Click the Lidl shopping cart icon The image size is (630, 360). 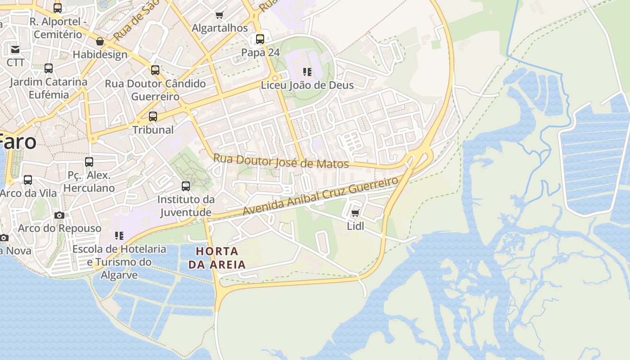(x=355, y=213)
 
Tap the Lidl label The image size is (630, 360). (x=355, y=226)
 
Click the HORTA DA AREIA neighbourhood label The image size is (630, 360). (x=217, y=258)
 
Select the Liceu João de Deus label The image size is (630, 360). (x=307, y=85)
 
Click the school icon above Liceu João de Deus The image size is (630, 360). (x=307, y=72)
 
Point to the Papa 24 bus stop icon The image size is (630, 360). (x=260, y=39)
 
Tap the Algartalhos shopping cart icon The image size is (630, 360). (x=220, y=15)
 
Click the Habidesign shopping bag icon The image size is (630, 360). (x=100, y=41)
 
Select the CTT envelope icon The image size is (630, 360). (x=15, y=49)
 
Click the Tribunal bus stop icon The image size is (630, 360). (x=153, y=117)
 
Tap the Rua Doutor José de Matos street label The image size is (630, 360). (x=281, y=161)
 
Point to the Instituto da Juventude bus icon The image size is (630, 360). (x=185, y=186)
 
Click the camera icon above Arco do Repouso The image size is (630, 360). (x=59, y=215)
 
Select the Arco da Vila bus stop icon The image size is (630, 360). (x=28, y=180)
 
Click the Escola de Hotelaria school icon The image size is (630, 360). (x=119, y=235)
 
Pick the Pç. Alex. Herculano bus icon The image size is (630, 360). (x=89, y=162)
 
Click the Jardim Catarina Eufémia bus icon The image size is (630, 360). (x=49, y=68)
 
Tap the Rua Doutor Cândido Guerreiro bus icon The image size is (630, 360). (x=155, y=70)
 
